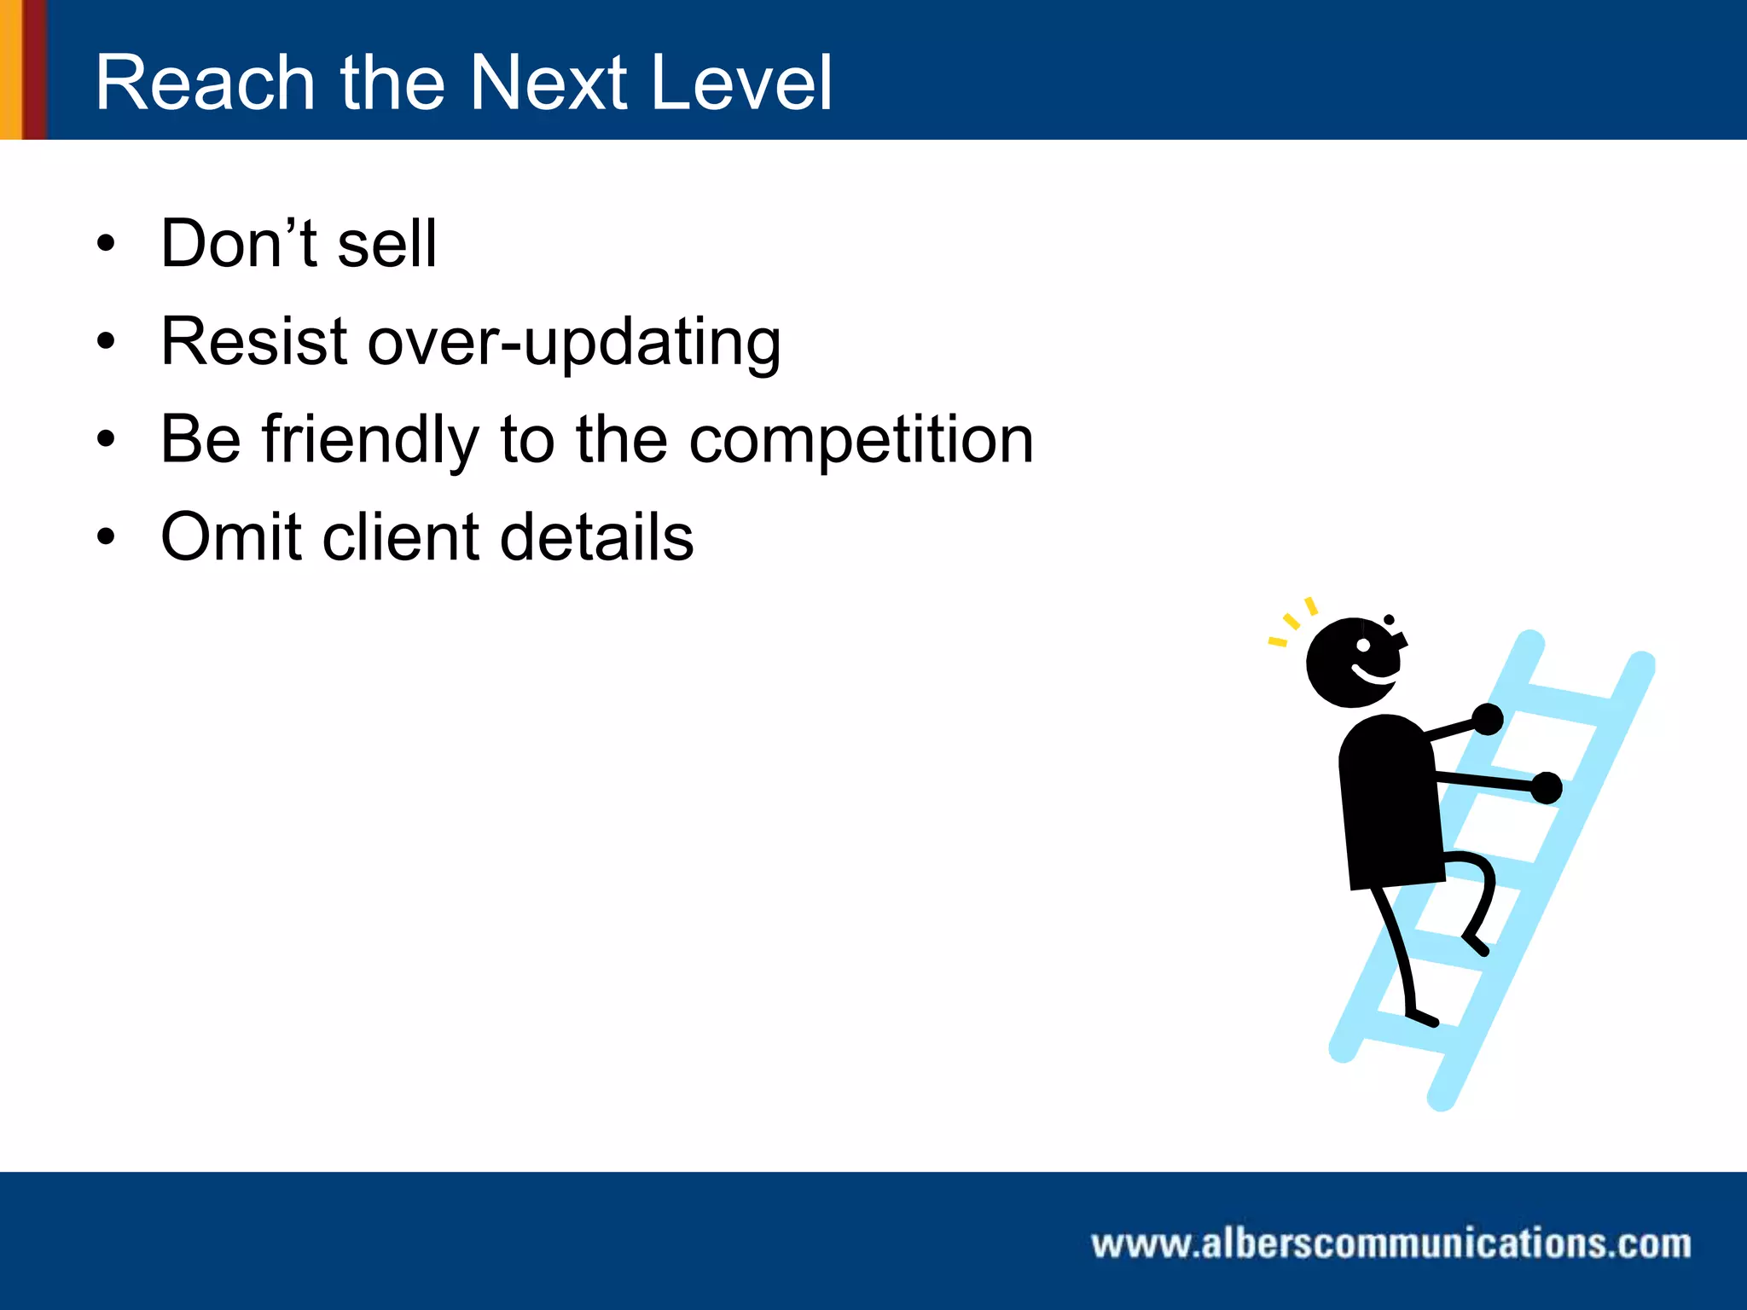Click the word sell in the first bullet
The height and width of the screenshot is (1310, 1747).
[x=387, y=244]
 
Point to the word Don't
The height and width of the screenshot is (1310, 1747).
[x=239, y=244]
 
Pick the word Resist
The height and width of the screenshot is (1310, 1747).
[x=254, y=341]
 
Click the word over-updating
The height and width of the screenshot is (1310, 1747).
[x=573, y=343]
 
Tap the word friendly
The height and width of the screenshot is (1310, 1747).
[x=370, y=440]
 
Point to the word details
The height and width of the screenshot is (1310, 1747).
[x=596, y=537]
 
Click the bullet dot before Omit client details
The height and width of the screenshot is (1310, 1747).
[x=106, y=537]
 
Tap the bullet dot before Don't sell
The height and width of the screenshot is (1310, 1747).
[x=106, y=244]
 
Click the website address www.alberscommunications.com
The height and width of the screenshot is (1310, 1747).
[x=1390, y=1243]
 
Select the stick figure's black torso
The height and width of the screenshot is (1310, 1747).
[x=1389, y=802]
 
